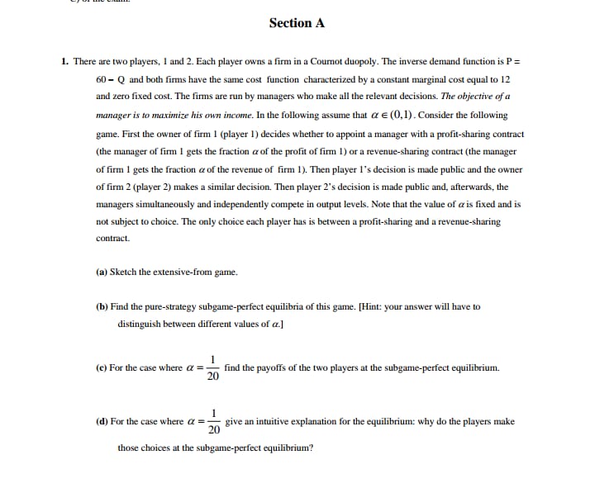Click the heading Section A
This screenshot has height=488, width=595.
coord(297,23)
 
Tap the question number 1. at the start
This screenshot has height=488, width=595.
coord(64,61)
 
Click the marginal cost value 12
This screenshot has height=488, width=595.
coord(506,79)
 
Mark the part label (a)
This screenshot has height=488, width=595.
coord(102,272)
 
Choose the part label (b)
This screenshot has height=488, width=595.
coord(102,306)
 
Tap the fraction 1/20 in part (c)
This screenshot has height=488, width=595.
coord(212,368)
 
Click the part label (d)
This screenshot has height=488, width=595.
coord(102,421)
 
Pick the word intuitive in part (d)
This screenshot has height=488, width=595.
coord(283,421)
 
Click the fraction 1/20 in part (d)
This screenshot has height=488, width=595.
coord(213,421)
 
